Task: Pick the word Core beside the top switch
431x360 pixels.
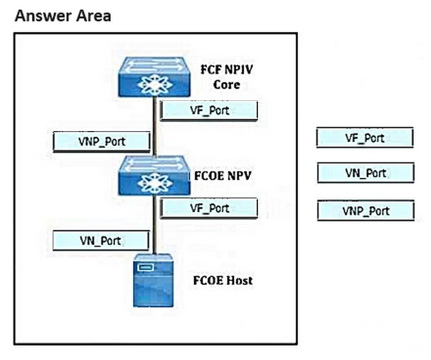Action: click(227, 84)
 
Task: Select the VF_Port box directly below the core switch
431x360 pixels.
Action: click(209, 111)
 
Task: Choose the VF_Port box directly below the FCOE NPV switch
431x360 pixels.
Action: click(209, 208)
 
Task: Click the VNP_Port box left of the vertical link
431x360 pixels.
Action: click(102, 142)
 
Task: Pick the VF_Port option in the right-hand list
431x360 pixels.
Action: click(365, 138)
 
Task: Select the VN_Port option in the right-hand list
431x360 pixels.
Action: click(365, 173)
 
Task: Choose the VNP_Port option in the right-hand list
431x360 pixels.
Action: click(365, 211)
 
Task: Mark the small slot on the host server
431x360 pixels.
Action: click(145, 268)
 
